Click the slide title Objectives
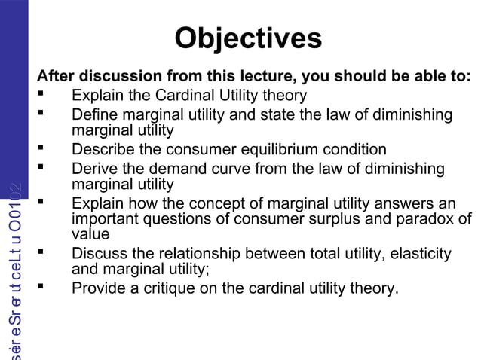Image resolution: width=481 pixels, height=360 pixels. [x=247, y=38]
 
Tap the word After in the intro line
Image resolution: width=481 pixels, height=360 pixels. [x=56, y=77]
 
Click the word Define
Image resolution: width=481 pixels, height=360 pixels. [x=95, y=115]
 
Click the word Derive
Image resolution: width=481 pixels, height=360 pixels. [x=93, y=169]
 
